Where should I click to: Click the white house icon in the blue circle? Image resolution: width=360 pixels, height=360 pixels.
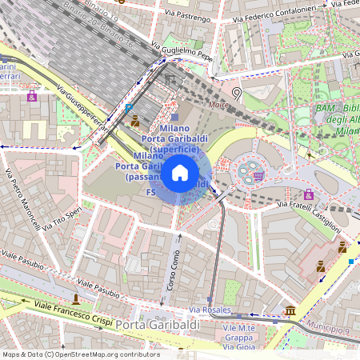coord(180,173)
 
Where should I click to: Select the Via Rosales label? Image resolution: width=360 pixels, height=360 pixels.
coord(210,309)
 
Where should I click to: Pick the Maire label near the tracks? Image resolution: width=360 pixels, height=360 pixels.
coord(218,104)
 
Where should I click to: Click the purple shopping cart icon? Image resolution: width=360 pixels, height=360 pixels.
coord(258,175)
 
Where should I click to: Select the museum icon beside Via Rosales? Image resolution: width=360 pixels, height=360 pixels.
coord(290,310)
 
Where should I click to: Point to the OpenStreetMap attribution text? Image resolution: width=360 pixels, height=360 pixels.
coord(81,354)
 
